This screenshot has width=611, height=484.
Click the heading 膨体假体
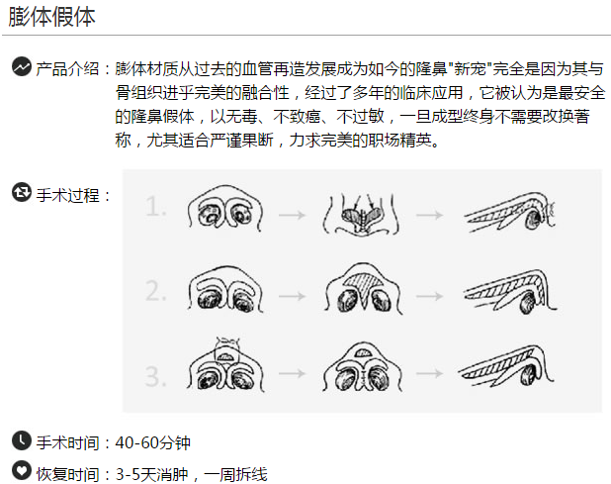pos(52,17)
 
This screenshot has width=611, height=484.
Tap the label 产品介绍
pos(67,68)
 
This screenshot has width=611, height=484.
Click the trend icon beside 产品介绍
pos(21,67)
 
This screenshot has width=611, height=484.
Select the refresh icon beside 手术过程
pos(21,192)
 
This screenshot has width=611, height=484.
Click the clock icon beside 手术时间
pos(21,441)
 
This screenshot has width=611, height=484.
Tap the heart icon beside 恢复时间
pos(21,471)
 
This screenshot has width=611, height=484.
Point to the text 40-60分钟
pos(153,442)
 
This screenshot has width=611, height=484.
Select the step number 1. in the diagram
pos(156,208)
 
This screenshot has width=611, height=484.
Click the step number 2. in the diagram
pos(156,292)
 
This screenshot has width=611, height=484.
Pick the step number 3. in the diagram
pos(156,377)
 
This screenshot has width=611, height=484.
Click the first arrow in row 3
pos(291,376)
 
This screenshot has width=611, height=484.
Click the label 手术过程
pos(73,194)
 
